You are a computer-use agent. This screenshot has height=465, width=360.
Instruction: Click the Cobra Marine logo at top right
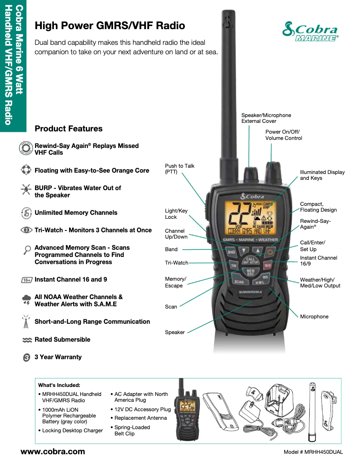tap(310, 32)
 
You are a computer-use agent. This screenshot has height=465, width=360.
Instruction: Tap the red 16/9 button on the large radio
tap(268, 265)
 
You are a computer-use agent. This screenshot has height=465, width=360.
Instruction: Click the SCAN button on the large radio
tap(239, 282)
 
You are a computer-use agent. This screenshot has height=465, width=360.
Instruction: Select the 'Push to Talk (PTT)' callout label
tap(180, 169)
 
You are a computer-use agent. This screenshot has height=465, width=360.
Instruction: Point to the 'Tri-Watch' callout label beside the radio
tap(176, 263)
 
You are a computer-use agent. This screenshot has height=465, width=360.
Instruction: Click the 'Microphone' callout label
tap(314, 317)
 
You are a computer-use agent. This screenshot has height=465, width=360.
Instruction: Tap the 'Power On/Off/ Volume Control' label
tap(283, 135)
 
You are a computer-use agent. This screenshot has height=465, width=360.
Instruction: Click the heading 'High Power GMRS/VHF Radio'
tap(110, 26)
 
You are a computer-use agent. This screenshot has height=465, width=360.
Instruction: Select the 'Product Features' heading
tap(68, 129)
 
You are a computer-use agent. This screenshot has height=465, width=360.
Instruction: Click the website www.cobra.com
tap(53, 452)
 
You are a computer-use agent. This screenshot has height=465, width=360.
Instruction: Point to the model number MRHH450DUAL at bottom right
tap(313, 452)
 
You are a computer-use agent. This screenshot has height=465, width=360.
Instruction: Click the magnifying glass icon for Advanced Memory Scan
tap(26, 250)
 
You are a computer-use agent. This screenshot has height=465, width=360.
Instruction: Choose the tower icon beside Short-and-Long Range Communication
tap(26, 321)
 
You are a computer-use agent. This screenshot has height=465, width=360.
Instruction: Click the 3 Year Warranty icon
tap(26, 357)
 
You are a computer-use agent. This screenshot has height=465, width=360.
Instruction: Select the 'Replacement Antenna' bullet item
tap(140, 418)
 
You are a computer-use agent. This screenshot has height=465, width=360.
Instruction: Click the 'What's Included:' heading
tap(59, 385)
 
